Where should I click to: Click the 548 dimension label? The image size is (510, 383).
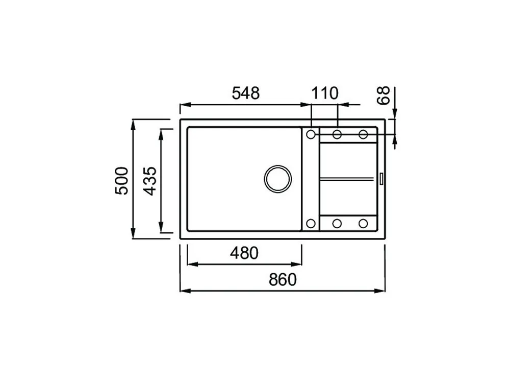click(x=246, y=93)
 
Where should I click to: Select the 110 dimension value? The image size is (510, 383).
click(x=324, y=93)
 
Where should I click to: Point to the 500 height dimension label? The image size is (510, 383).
click(x=122, y=181)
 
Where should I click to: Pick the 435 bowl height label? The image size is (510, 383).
click(x=150, y=181)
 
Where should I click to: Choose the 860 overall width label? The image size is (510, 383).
click(x=283, y=279)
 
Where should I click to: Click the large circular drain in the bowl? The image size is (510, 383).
click(x=278, y=178)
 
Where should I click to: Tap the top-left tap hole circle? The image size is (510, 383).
click(x=311, y=134)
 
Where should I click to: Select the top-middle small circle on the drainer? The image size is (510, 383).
click(x=337, y=134)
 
